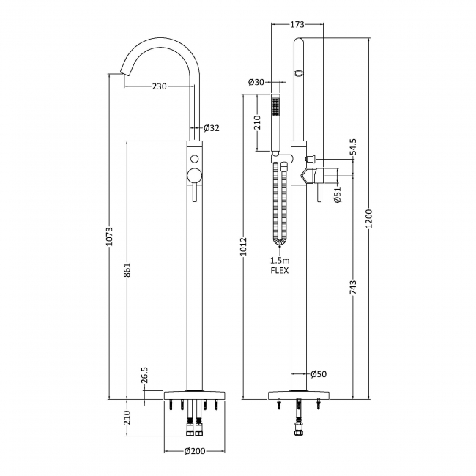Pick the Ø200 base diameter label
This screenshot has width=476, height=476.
(x=193, y=451)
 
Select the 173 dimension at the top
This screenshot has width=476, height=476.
(x=297, y=25)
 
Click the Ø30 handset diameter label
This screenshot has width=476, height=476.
(x=256, y=81)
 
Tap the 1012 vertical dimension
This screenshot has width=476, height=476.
(x=242, y=248)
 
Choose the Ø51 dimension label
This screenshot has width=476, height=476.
(x=338, y=194)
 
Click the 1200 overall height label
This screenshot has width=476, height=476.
(x=370, y=219)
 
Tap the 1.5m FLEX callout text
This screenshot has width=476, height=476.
(x=279, y=266)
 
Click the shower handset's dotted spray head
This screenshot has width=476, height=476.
(x=275, y=108)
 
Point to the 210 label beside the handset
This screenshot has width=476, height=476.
(x=257, y=122)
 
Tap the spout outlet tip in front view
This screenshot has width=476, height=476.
(x=119, y=72)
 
